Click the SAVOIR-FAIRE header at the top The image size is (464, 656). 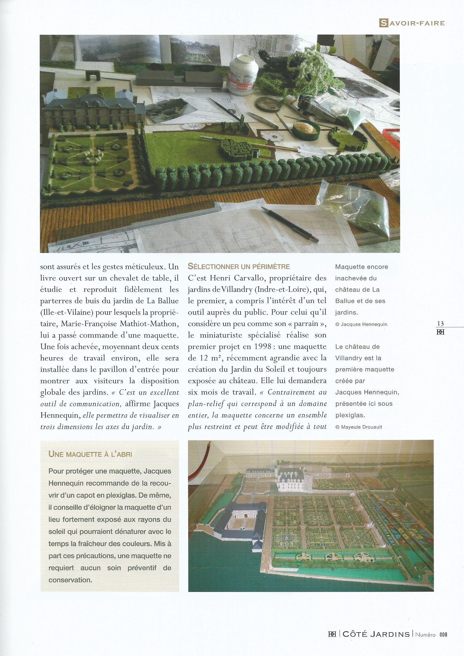click(412, 23)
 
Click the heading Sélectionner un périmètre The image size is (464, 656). click(239, 267)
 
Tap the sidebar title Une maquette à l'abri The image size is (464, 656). click(90, 454)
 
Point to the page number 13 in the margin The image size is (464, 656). click(440, 324)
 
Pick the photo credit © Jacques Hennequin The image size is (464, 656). click(361, 324)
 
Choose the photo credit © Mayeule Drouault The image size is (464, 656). click(358, 427)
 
